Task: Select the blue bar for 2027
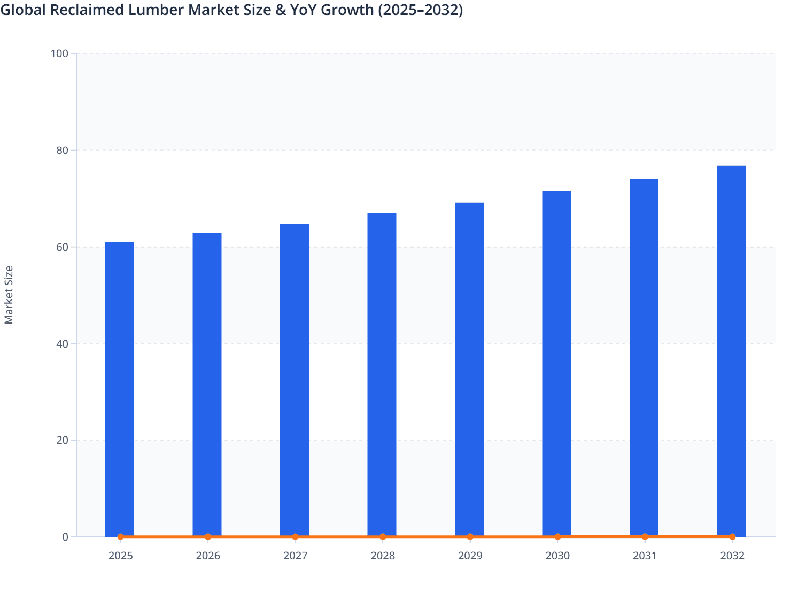coord(294,380)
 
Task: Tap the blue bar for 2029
coord(469,369)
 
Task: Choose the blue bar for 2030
coord(556,364)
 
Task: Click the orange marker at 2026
coord(208,536)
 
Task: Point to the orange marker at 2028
coord(383,536)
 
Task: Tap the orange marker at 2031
coord(645,536)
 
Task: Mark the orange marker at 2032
coord(732,536)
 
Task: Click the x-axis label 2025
coord(120,556)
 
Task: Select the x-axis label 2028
coord(383,556)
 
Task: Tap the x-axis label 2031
coord(645,556)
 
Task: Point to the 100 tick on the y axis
coord(59,53)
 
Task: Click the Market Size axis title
coord(9,295)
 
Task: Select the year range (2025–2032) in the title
coord(420,10)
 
